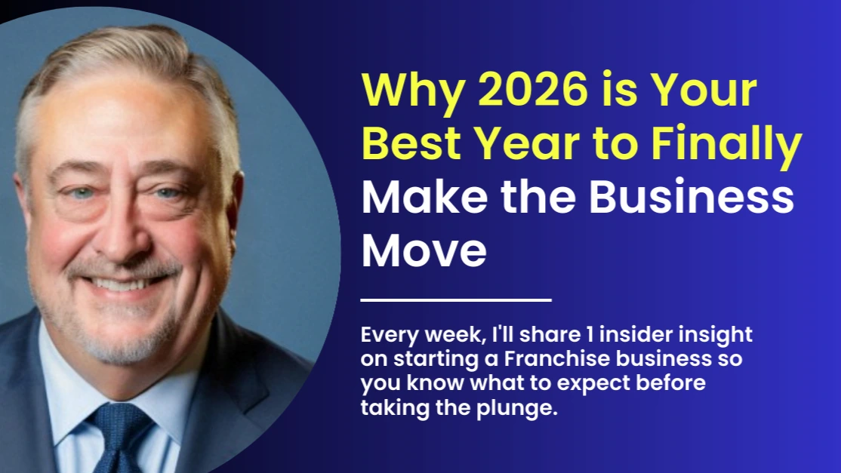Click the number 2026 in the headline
(532, 89)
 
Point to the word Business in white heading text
(692, 197)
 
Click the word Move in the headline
(424, 250)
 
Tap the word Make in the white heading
(424, 197)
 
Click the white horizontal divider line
(456, 300)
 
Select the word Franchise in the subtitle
(555, 358)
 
